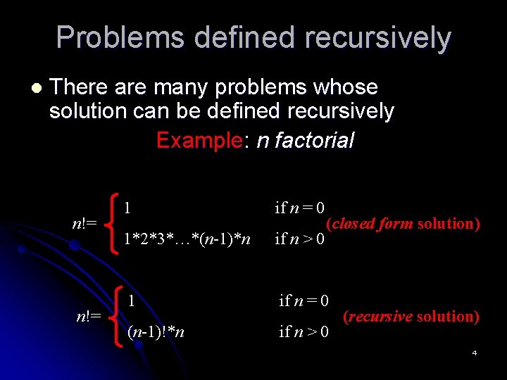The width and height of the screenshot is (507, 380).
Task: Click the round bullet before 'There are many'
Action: point(36,89)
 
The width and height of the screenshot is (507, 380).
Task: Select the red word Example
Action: point(199,140)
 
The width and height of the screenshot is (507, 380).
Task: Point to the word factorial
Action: point(315,140)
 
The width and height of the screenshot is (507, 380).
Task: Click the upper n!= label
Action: point(84,224)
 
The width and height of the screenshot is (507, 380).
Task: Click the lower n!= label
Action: point(89,316)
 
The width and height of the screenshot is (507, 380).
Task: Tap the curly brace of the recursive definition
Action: point(119,316)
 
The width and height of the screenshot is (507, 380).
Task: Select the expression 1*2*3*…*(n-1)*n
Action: point(187,239)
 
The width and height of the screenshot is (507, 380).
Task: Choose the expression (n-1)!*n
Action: point(156,331)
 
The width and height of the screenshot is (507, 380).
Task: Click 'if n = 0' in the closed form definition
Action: point(299,208)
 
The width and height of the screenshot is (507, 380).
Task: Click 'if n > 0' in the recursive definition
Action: point(303,331)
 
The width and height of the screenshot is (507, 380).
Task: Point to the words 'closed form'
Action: point(373,224)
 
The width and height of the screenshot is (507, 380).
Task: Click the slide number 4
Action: point(475,352)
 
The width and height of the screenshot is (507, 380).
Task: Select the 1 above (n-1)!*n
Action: point(132,300)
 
